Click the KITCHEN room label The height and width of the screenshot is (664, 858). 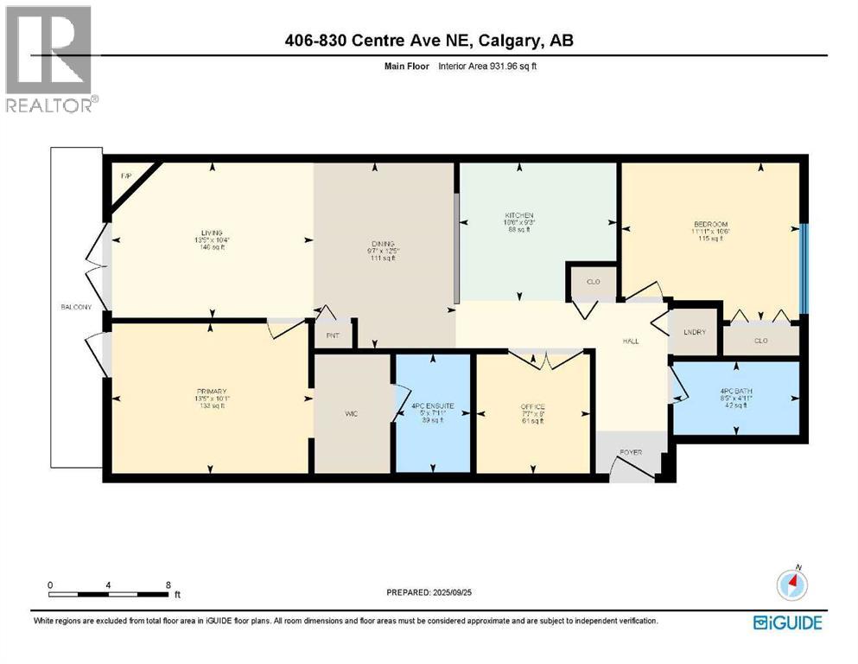tap(519, 215)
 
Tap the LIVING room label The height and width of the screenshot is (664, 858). tap(212, 233)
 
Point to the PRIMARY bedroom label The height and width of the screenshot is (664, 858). tap(211, 392)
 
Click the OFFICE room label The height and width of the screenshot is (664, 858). tap(532, 406)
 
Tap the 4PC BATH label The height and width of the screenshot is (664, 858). tap(736, 392)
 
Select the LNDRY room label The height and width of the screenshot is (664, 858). tap(695, 332)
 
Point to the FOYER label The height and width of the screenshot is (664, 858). tap(630, 452)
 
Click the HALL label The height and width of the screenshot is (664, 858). tap(631, 342)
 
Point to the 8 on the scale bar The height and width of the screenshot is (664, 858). tap(168, 584)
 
